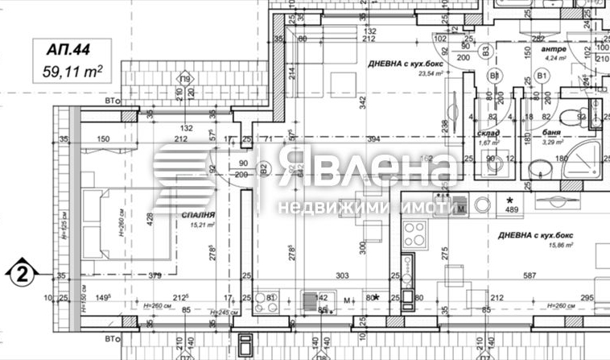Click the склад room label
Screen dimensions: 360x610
click(x=488, y=133)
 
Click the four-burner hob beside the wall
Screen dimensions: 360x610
click(x=416, y=234)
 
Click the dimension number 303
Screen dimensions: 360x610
click(x=341, y=276)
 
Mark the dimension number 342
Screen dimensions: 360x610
click(x=364, y=102)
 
